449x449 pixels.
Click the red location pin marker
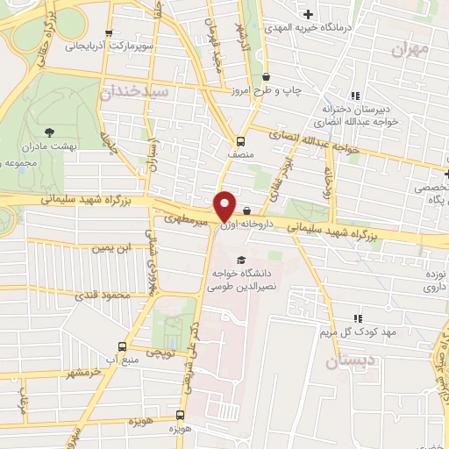(x=225, y=206)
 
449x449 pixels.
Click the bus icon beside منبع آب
(x=122, y=345)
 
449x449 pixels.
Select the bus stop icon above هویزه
(x=180, y=415)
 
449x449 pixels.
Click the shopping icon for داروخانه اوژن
(x=247, y=210)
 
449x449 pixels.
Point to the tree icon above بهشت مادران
(x=49, y=134)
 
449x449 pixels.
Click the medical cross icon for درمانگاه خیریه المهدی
(x=308, y=13)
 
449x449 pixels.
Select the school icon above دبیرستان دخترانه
(x=354, y=96)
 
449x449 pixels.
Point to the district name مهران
(x=409, y=50)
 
